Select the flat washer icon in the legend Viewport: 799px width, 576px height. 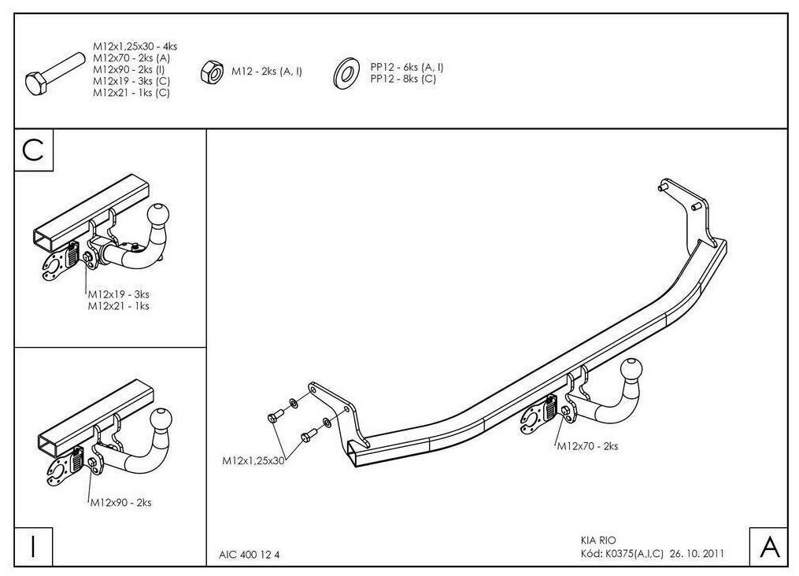click(345, 72)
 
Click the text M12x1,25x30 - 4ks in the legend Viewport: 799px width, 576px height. click(130, 47)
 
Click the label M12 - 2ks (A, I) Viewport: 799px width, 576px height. click(267, 72)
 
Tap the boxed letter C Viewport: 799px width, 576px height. click(33, 150)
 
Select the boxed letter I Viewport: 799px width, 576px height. click(33, 546)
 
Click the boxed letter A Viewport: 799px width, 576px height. click(768, 546)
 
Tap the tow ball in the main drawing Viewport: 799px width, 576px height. click(633, 372)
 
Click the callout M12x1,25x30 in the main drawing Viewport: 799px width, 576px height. click(253, 461)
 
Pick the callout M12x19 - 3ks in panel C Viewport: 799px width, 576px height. click(118, 295)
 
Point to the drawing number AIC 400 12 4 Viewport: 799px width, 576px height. click(250, 554)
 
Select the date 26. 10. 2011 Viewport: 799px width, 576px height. click(696, 553)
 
